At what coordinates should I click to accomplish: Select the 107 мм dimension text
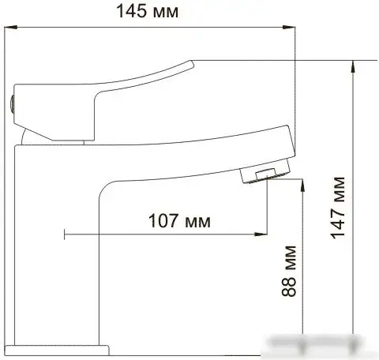179,221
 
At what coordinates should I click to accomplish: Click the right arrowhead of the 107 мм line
261,234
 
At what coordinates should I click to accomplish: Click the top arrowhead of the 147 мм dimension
353,63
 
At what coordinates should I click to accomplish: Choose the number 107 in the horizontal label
162,221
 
